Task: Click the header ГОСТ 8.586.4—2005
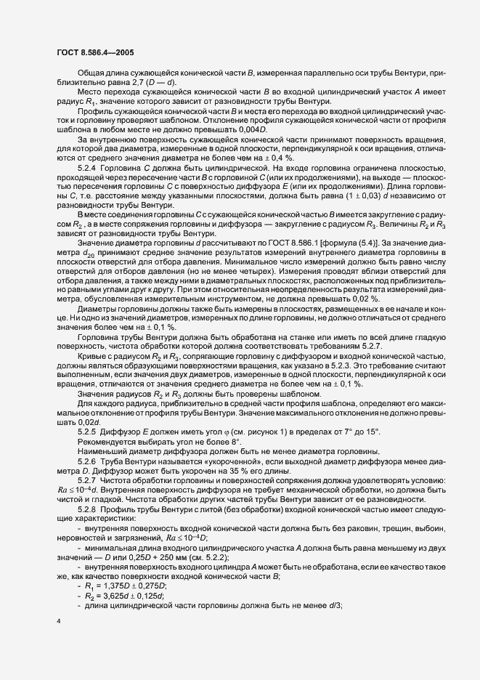coord(94,52)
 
